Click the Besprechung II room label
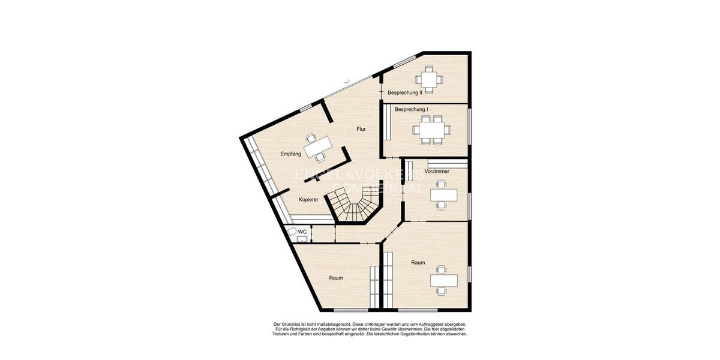[x=405, y=92]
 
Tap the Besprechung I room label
[x=411, y=109]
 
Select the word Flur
[x=361, y=129]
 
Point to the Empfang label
[x=290, y=154]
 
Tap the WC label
[x=302, y=232]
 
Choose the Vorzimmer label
[x=437, y=172]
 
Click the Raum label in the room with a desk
[x=418, y=263]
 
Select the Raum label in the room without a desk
[x=336, y=278]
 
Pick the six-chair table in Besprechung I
[x=431, y=130]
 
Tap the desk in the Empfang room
[x=317, y=146]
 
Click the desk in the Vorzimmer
[x=443, y=196]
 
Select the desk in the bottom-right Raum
[x=443, y=280]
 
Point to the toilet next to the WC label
[x=292, y=232]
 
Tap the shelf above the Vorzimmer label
[x=447, y=163]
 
